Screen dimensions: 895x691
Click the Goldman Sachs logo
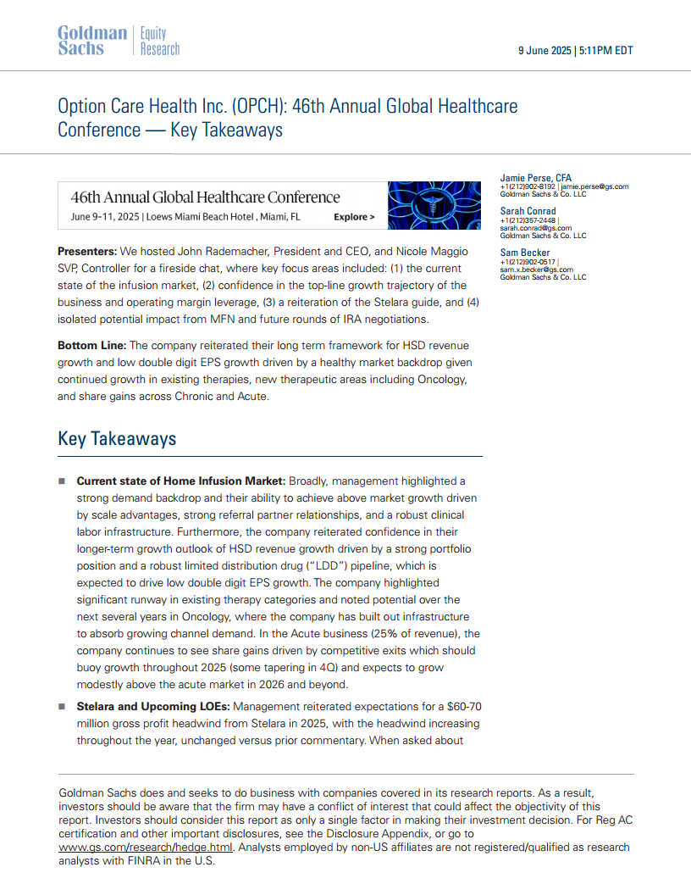(91, 41)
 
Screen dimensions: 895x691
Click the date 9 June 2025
(545, 51)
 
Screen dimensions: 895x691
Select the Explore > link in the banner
(354, 217)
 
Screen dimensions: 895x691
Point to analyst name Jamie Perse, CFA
(536, 178)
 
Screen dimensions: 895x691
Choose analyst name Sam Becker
(525, 253)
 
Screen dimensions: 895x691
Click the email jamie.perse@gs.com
(594, 186)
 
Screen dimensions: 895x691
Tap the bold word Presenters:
(87, 252)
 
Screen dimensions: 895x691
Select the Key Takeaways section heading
(117, 439)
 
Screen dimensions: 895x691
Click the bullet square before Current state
(62, 481)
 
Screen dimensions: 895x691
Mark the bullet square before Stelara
(62, 707)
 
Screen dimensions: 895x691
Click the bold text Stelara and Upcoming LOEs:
(153, 707)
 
